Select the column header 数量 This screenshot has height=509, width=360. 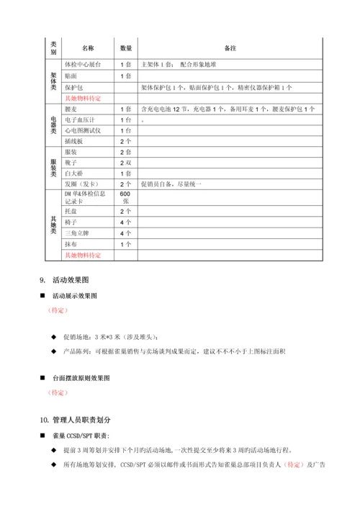pos(125,48)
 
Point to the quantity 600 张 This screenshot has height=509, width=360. pos(125,199)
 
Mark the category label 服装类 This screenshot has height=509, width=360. pos(53,168)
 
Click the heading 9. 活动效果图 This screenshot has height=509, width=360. pos(68,280)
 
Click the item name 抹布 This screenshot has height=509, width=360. pos(72,244)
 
